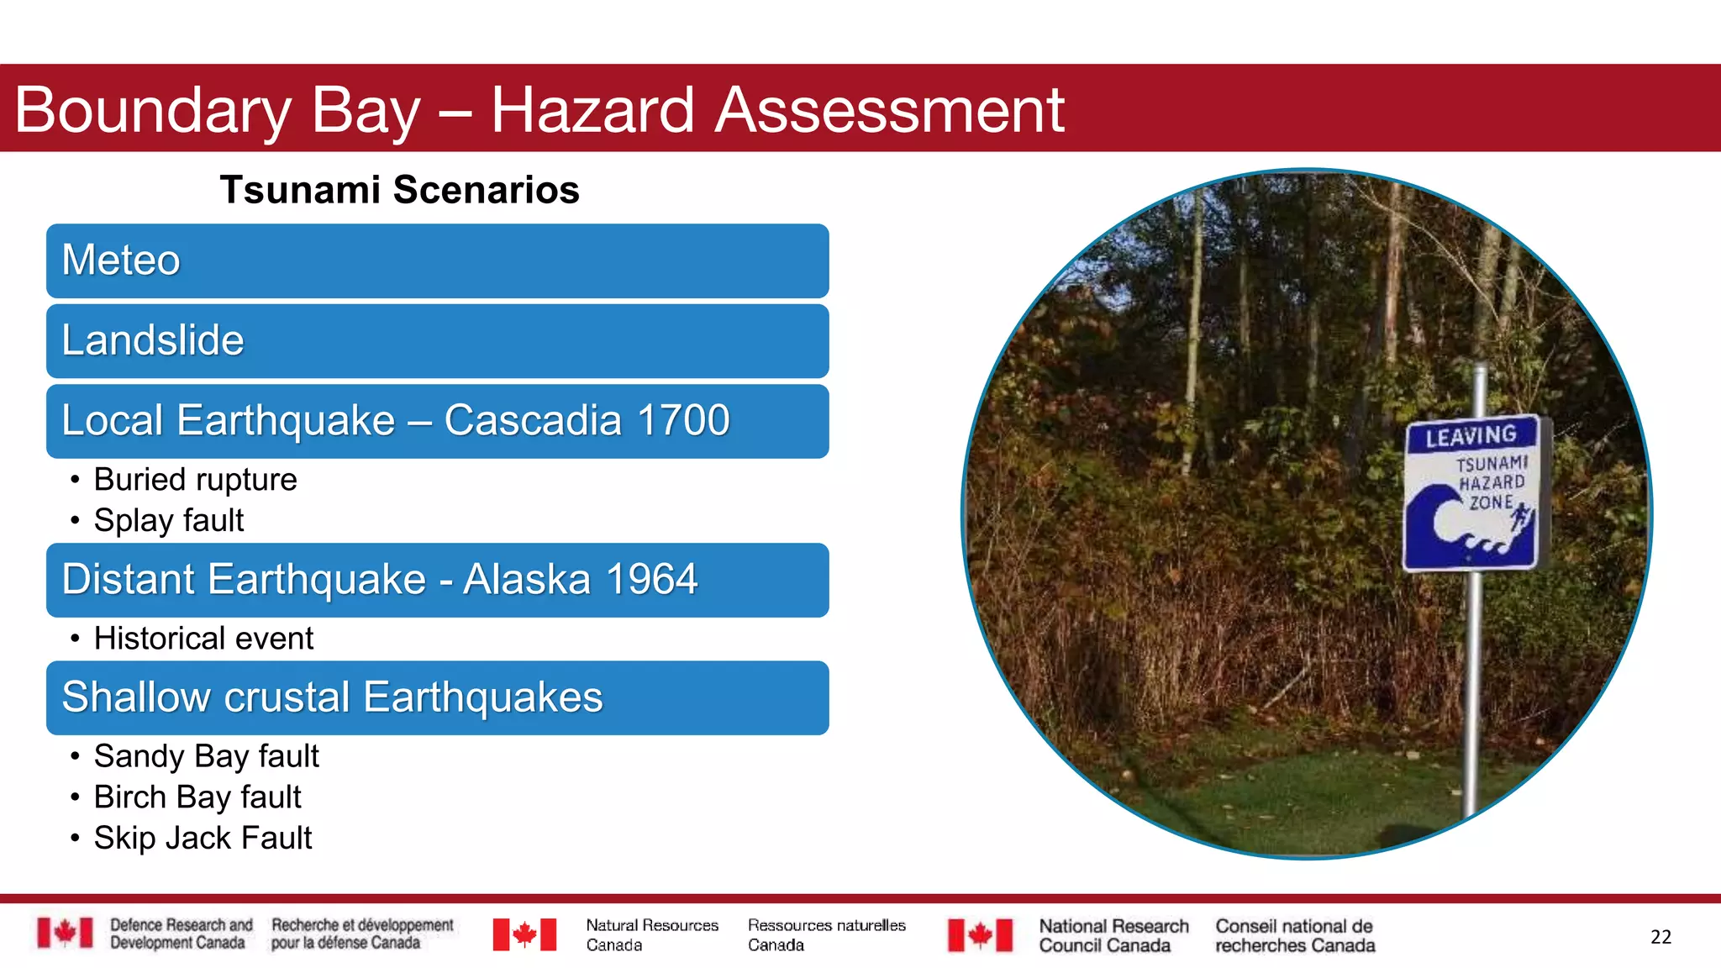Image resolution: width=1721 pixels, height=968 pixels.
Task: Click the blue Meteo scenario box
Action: [437, 260]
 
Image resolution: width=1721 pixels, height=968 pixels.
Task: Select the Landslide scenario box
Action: [437, 341]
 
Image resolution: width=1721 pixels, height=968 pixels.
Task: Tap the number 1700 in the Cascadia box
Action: [683, 420]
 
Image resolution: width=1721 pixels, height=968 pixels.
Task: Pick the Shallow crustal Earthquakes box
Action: [437, 697]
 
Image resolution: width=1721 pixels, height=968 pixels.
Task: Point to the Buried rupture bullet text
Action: [195, 480]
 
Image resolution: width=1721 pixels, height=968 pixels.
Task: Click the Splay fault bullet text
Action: [168, 520]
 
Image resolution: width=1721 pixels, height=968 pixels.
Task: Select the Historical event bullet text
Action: [203, 639]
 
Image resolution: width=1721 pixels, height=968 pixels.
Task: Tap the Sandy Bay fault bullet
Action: [206, 756]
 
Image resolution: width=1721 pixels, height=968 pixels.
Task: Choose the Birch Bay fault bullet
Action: [197, 797]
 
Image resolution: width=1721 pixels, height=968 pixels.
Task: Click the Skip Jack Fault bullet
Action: [203, 838]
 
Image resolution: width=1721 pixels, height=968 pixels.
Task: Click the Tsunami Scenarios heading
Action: [399, 190]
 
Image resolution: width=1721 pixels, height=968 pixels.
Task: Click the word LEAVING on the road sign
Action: [1471, 436]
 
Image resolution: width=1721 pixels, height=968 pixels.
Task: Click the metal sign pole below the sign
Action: [1472, 689]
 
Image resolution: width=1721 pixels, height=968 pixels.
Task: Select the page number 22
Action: [1660, 937]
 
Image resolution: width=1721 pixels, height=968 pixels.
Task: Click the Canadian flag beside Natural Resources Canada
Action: [524, 934]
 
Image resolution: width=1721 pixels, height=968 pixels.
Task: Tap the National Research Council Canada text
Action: [1113, 935]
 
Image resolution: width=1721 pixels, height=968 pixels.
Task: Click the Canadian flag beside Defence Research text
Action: [65, 933]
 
